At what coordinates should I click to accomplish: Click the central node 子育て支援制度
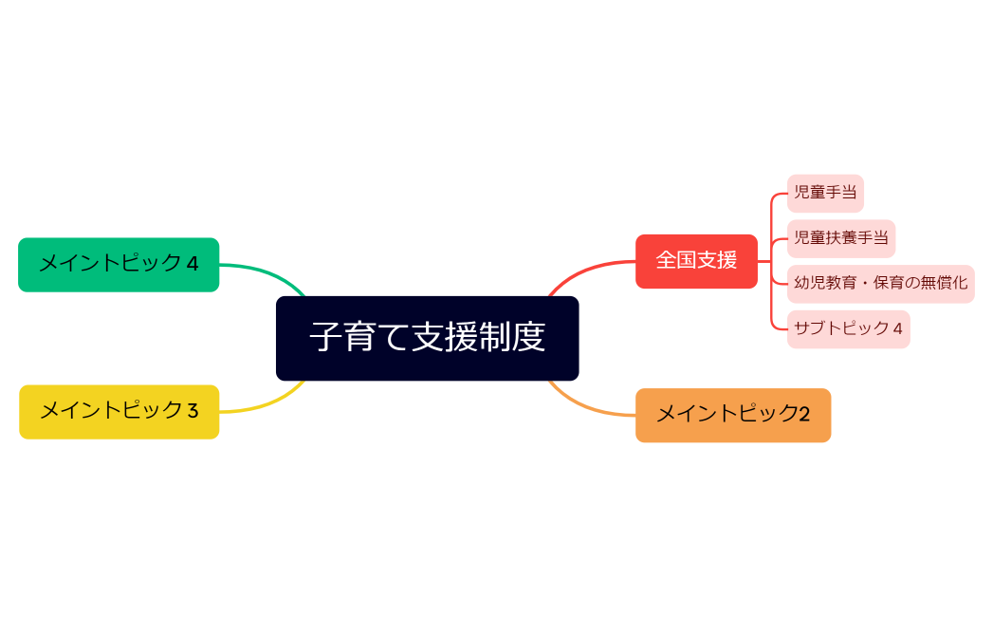pos(427,338)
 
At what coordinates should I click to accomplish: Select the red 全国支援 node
pos(696,260)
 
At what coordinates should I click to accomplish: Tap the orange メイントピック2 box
pos(732,415)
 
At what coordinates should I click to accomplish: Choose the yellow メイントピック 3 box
pos(119,411)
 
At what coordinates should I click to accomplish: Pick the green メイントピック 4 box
pos(119,264)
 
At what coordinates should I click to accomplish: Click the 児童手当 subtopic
pos(824,193)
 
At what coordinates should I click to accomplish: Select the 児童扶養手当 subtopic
pos(840,238)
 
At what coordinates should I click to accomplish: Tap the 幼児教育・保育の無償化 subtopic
pos(880,284)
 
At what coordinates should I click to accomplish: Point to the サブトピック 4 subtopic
pos(848,329)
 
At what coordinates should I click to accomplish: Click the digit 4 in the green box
pos(193,264)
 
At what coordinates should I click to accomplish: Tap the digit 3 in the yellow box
pos(193,411)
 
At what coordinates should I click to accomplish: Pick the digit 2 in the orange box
pos(803,415)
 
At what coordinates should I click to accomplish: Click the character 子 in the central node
pos(324,338)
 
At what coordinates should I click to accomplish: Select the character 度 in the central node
pos(531,338)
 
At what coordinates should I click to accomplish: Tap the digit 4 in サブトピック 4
pos(897,329)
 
